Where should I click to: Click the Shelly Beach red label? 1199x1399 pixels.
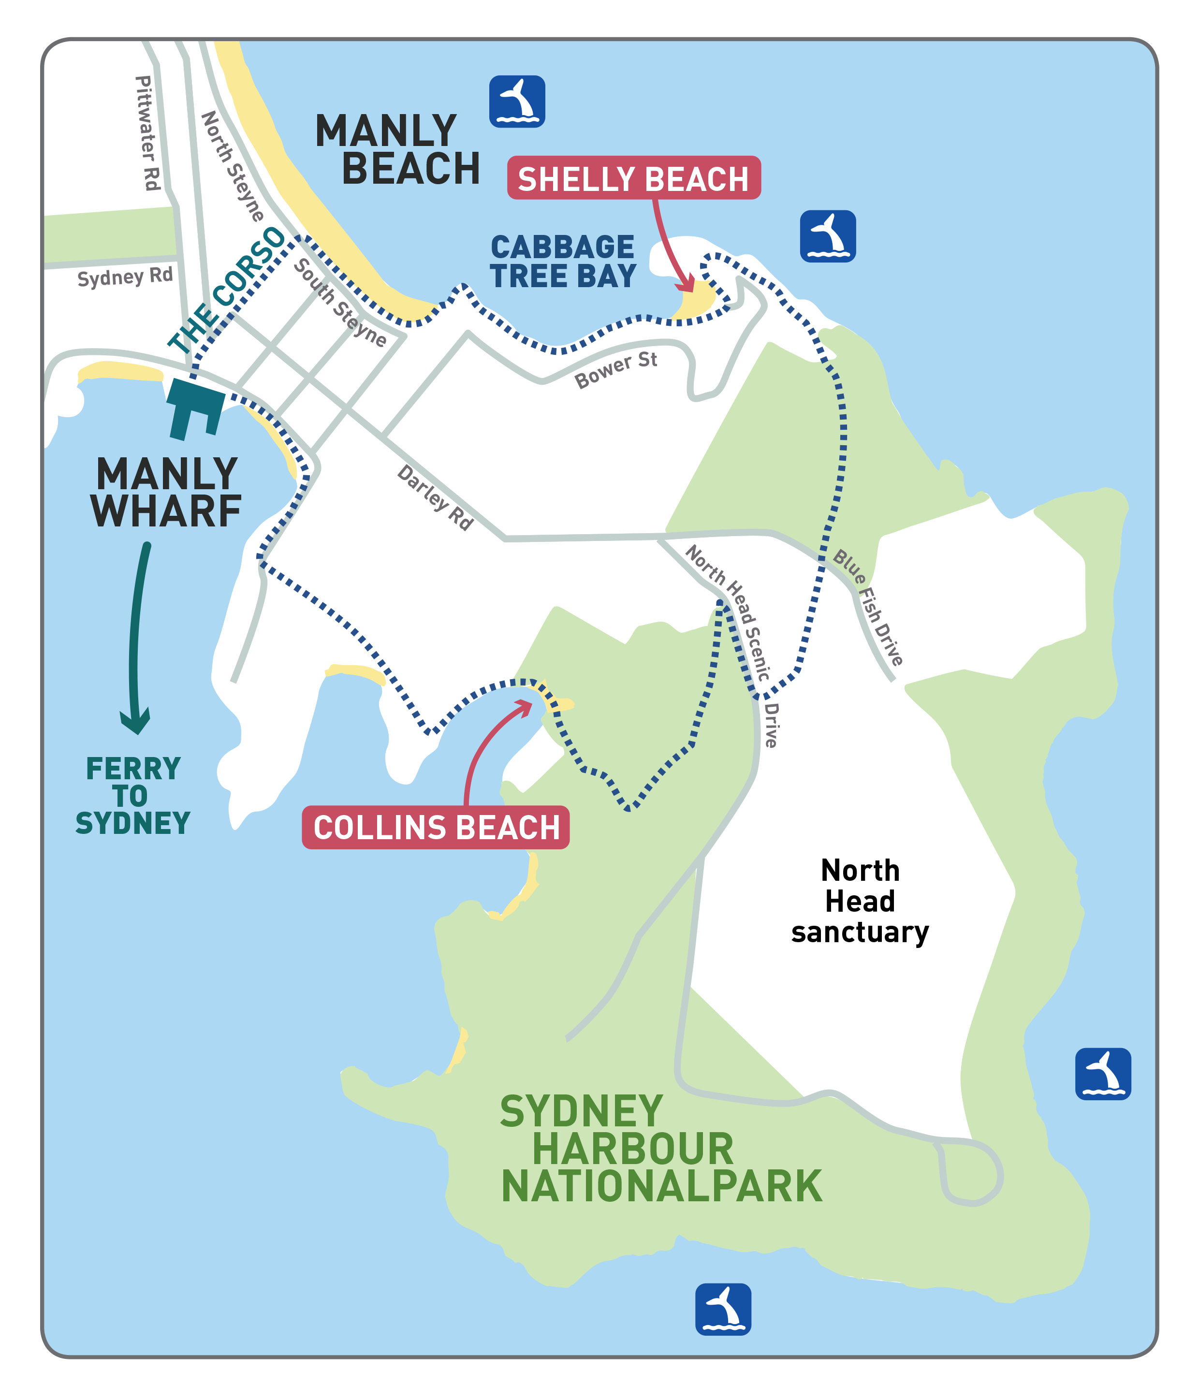633,178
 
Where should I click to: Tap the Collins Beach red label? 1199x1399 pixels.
436,827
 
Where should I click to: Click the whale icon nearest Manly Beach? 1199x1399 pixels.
516,102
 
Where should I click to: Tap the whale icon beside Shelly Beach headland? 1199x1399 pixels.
828,236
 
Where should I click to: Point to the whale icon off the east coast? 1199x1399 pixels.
1102,1074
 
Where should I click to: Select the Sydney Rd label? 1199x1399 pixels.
125,277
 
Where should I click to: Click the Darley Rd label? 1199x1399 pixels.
436,497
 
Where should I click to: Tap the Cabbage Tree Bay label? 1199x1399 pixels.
563,262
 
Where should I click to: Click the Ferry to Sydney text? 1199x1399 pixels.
133,795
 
